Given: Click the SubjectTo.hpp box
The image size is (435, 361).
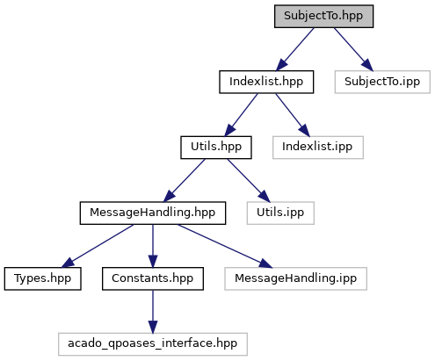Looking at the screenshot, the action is [x=323, y=16].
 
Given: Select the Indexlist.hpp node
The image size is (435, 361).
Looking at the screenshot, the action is [x=266, y=82].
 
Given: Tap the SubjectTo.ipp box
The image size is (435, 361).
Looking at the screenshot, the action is [x=382, y=82].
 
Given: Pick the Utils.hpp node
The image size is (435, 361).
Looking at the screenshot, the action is [x=216, y=148].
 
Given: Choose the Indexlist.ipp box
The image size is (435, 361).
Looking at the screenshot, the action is [x=318, y=148].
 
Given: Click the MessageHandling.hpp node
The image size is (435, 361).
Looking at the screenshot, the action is [x=153, y=213].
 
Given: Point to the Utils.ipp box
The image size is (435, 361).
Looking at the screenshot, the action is [x=280, y=213].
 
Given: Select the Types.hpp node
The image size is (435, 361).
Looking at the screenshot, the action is [x=42, y=278].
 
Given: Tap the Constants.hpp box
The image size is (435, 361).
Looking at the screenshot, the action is [x=153, y=278].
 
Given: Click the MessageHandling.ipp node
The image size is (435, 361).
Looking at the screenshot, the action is [x=295, y=278].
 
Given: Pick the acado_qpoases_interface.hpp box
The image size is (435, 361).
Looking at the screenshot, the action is [x=153, y=344].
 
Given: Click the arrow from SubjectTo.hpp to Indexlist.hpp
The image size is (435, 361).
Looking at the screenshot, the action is [x=294, y=49].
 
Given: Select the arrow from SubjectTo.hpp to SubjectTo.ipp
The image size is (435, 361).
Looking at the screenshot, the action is [x=353, y=49].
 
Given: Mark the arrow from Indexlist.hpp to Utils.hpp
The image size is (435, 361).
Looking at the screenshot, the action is [x=241, y=115].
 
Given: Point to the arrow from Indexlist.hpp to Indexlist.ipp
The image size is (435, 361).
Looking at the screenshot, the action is [x=293, y=115].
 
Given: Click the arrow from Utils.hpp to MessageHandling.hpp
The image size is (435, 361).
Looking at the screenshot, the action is [x=184, y=180].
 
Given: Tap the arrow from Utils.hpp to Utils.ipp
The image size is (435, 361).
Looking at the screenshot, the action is [x=249, y=180].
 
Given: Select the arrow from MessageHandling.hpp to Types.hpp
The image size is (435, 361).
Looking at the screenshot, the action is [x=98, y=246].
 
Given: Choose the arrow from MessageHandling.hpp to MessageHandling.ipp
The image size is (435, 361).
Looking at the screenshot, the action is [x=225, y=246].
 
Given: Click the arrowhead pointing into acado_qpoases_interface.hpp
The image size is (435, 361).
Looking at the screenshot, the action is [x=153, y=327].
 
